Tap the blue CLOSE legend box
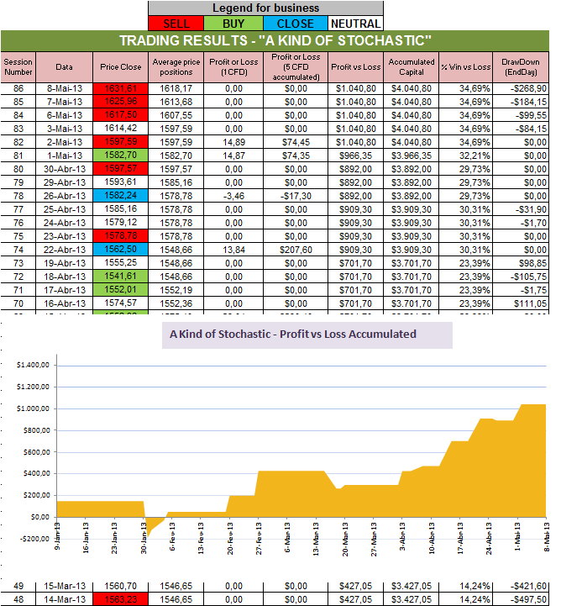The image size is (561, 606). coord(295,24)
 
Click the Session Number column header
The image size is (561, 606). coord(18,66)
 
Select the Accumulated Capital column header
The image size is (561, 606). coord(412,66)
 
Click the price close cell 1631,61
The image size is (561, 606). coord(117,87)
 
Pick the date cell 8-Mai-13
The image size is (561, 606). coord(65,87)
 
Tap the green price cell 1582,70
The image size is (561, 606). coord(117,156)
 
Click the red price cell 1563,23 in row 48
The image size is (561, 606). coord(117,598)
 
